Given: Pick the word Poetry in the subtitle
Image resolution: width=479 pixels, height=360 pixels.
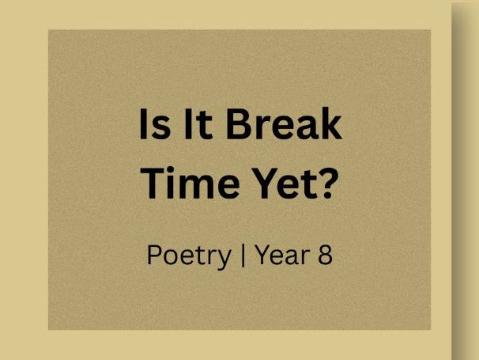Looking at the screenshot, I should click(188, 256).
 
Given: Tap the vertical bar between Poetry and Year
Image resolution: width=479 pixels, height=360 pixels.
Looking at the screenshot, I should click(241, 256).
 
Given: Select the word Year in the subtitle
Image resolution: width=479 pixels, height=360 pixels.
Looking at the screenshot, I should click(279, 256).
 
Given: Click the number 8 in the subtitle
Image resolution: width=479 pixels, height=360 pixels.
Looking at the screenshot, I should click(325, 256).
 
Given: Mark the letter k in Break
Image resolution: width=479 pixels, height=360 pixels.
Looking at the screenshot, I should click(331, 125).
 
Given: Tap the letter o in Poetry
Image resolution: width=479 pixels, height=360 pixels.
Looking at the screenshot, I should click(171, 258).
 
